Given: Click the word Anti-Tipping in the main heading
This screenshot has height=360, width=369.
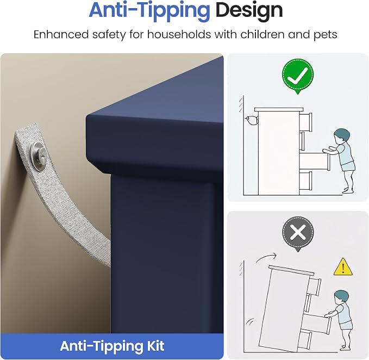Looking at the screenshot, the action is point(149,10).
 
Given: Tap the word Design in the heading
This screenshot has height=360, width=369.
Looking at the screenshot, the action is point(249,10).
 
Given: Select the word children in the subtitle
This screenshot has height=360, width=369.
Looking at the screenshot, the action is point(262,34).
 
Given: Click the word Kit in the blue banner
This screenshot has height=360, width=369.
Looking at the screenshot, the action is point(154,346).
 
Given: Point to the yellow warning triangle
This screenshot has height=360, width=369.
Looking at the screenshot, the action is point(343,267).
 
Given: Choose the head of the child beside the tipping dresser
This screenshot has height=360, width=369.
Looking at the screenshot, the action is point(341,299).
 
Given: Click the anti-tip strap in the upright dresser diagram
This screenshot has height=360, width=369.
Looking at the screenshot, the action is point(252,121).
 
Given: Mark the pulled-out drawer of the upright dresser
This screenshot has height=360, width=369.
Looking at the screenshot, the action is point(315,162).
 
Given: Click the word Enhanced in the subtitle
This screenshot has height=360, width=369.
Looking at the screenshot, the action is point(61,34).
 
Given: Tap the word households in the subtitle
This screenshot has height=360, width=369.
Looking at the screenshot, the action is point(179,34).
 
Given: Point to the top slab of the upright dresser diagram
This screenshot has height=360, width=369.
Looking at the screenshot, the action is point(279,109).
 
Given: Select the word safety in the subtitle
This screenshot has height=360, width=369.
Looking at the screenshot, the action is point(109,35).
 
